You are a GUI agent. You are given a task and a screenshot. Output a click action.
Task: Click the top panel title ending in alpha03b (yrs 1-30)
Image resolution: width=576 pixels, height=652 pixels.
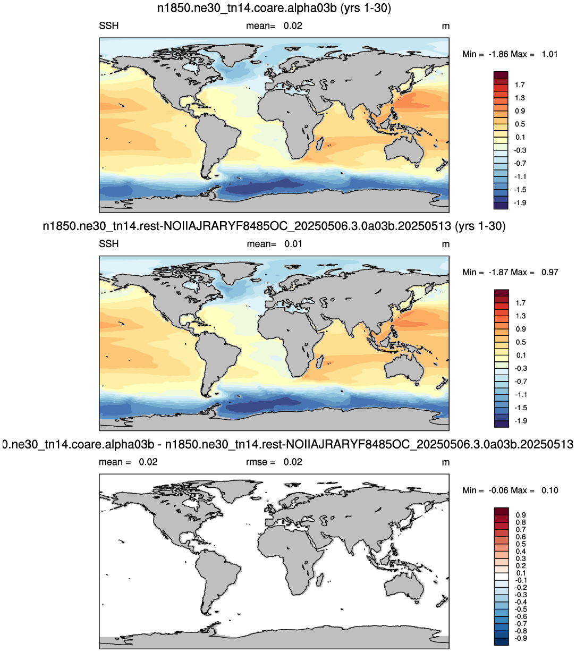274,8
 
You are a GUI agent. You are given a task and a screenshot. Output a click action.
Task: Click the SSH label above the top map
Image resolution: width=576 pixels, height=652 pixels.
109,26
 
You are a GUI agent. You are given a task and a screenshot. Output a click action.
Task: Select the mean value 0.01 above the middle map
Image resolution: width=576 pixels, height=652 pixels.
293,244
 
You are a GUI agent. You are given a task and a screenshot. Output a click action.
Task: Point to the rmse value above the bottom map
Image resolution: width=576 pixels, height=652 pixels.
293,462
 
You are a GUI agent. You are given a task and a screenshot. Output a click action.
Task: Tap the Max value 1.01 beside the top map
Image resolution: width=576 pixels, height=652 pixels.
549,54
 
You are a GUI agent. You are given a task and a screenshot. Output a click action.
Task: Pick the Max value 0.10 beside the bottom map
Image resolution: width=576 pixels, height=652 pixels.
549,490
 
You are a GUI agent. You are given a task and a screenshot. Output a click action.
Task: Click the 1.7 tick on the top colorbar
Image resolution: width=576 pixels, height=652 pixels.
520,85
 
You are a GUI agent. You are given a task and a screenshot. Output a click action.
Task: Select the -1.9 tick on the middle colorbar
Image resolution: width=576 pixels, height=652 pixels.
520,421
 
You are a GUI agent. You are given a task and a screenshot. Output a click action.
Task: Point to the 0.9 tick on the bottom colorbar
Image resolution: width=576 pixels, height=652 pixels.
521,515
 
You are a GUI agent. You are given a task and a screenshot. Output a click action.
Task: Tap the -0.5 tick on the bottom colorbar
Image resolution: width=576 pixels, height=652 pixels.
520,609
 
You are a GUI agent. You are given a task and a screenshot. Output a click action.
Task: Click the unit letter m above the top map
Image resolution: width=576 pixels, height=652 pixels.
446,27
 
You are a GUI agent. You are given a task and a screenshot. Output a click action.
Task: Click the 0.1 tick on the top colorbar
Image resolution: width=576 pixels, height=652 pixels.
520,138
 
